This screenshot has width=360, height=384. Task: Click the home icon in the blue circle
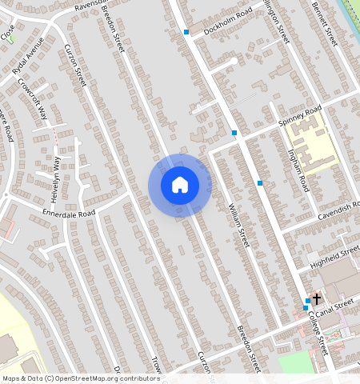[x=180, y=185]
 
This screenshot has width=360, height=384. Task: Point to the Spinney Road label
[x=299, y=116]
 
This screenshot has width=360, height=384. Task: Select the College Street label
[x=319, y=333]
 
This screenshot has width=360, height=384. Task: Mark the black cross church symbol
[x=317, y=298]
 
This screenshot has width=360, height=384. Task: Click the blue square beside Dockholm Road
[x=186, y=32]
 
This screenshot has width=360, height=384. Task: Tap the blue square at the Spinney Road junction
[x=234, y=132]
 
